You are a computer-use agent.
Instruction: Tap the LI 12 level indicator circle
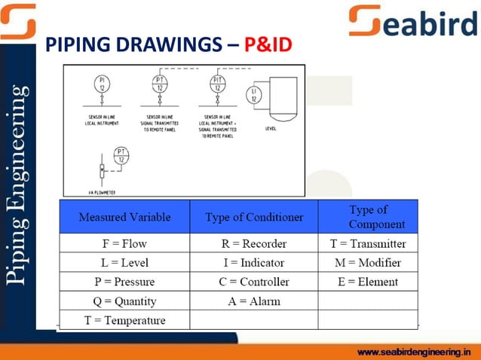click(254, 95)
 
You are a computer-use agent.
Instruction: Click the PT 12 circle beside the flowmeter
click(121, 155)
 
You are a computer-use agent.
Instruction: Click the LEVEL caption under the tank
click(271, 129)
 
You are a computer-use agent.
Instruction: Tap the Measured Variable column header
click(124, 217)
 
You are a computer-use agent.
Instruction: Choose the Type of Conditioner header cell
click(254, 217)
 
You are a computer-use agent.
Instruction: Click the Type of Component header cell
click(368, 217)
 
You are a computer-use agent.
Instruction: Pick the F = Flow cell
click(124, 243)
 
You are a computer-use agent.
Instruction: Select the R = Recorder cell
click(254, 243)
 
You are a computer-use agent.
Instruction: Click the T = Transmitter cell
click(368, 243)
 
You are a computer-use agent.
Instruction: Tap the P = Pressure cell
click(124, 282)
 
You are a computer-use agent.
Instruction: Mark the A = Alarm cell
click(254, 301)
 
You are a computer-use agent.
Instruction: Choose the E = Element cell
click(368, 282)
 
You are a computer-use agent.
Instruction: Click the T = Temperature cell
click(124, 320)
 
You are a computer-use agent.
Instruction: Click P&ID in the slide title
click(268, 44)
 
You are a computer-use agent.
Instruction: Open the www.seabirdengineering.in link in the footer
click(416, 352)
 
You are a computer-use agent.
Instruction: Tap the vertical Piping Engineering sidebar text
click(18, 185)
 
